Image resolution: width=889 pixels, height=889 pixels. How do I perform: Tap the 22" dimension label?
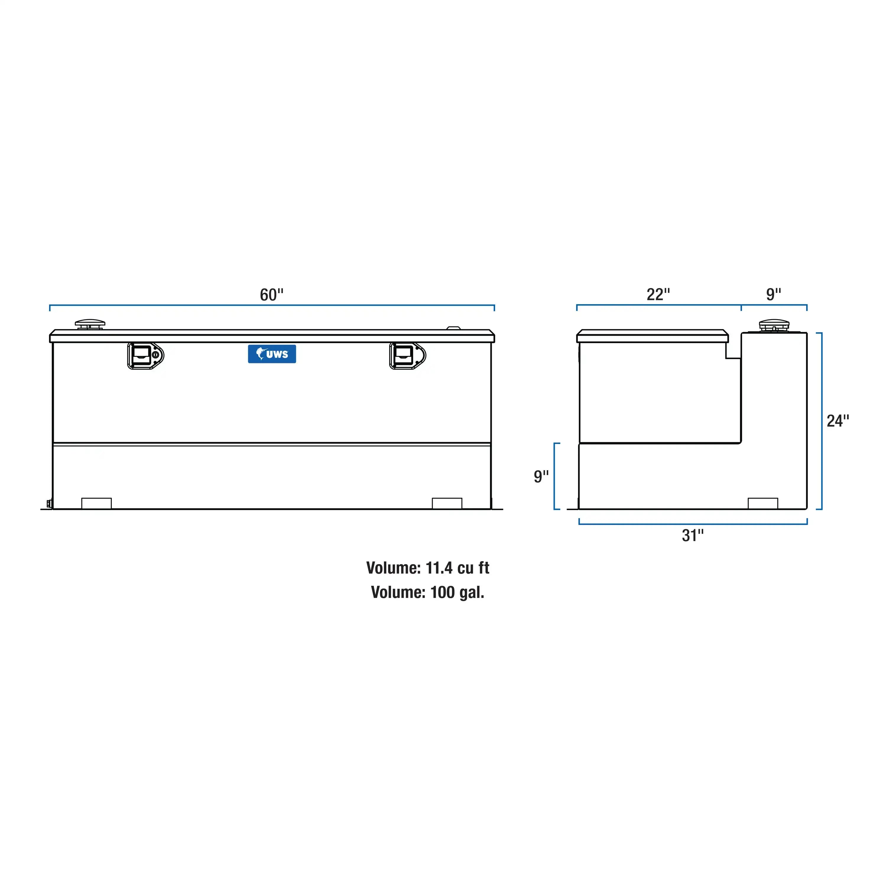pos(658,294)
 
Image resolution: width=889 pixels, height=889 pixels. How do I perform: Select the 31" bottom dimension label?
pos(692,535)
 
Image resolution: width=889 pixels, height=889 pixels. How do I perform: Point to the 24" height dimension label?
pos(838,421)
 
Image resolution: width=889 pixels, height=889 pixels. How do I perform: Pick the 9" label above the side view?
pos(773,294)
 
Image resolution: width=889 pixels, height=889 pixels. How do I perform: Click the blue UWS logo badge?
pos(272,354)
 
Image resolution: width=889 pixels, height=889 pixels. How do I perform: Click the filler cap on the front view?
pos(90,324)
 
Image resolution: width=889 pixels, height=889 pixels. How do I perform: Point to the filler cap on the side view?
pos(773,325)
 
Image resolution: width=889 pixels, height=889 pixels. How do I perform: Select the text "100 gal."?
pos(457,592)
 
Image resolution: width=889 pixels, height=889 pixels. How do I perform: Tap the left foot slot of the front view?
pos(97,503)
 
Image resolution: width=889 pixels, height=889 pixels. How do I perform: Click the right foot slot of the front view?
pos(447,503)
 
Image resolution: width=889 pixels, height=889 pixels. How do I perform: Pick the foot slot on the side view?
pos(763,503)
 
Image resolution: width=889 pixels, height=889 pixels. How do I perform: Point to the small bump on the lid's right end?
pos(453,328)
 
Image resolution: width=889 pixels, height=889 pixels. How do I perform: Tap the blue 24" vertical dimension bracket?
pos(822,421)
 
